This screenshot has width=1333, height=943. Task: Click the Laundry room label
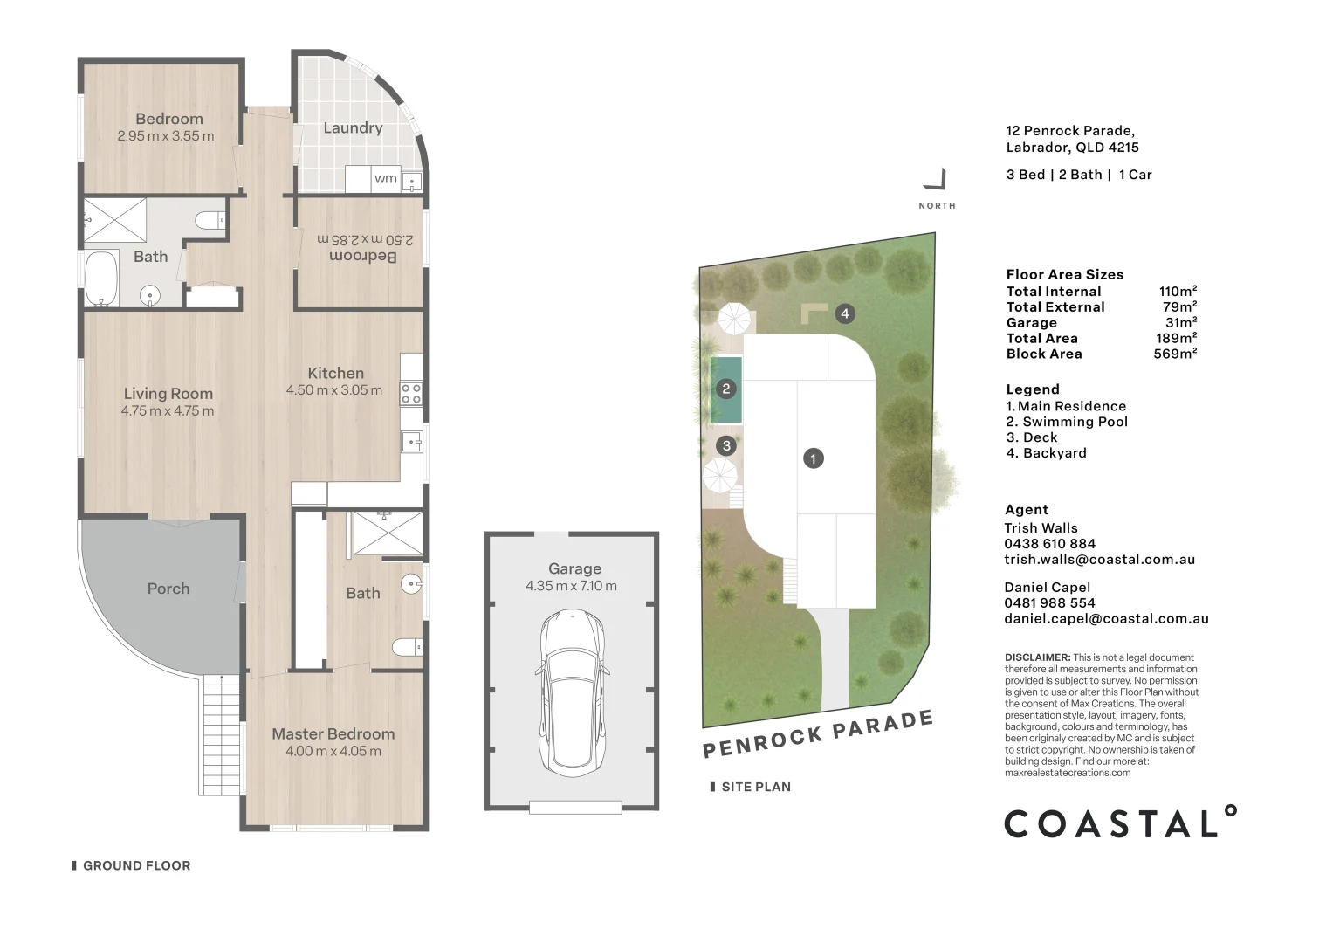[353, 128]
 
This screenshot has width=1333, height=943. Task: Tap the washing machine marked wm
[386, 179]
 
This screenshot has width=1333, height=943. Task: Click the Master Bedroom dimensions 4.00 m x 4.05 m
[333, 751]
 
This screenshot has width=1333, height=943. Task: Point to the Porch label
[168, 589]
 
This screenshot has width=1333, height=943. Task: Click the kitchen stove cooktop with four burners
[411, 394]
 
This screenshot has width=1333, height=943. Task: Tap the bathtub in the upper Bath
[101, 279]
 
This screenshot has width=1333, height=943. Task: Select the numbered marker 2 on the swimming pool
[725, 389]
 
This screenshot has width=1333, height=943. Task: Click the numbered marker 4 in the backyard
[845, 313]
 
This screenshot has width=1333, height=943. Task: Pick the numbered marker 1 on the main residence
[814, 458]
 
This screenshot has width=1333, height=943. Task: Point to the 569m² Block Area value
[1175, 354]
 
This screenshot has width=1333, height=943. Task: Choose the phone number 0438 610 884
[1050, 543]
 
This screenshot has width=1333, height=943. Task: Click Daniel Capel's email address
[1107, 619]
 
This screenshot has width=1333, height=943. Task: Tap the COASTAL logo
[1121, 823]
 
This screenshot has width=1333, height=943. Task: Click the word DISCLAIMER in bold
[1038, 657]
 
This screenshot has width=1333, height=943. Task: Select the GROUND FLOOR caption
[137, 865]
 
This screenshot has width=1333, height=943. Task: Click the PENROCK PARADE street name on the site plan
[818, 734]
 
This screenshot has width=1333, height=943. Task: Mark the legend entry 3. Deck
[1032, 437]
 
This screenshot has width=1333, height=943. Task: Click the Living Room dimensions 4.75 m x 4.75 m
[168, 410]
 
